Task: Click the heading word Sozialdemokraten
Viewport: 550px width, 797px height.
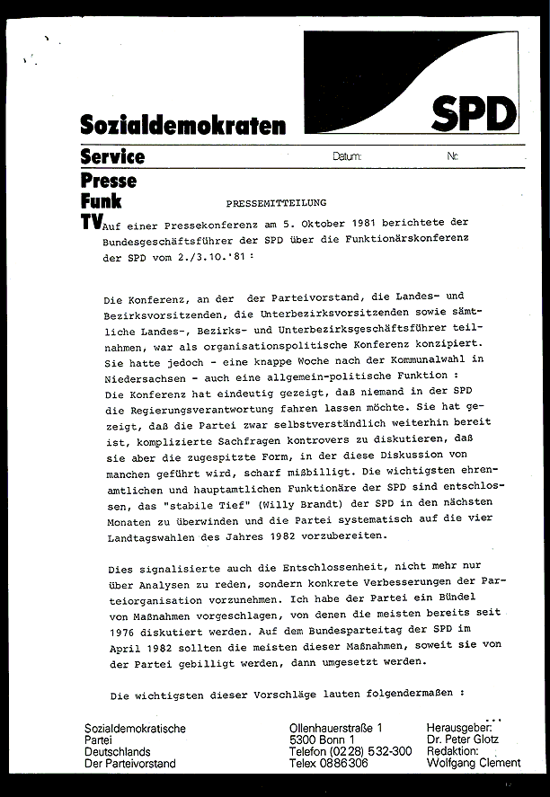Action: pyautogui.click(x=182, y=125)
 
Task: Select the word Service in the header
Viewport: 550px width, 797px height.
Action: pyautogui.click(x=112, y=156)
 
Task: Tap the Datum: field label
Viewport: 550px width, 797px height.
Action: pyautogui.click(x=347, y=156)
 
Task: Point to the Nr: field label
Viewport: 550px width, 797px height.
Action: pyautogui.click(x=452, y=156)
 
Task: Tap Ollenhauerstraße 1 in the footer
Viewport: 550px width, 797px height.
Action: pyautogui.click(x=335, y=727)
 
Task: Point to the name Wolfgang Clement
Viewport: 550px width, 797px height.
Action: pyautogui.click(x=474, y=764)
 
